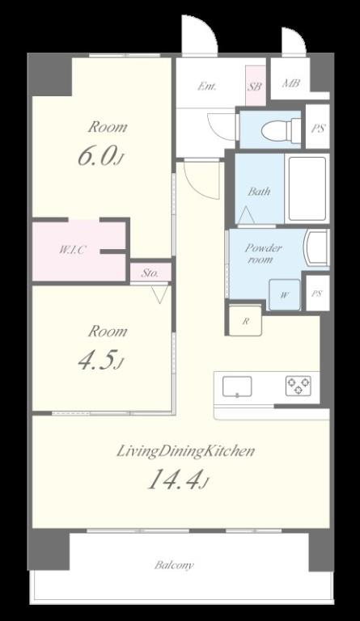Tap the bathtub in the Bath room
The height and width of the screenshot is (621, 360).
307,189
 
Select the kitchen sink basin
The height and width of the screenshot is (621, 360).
237,387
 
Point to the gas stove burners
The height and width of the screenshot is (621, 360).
299,386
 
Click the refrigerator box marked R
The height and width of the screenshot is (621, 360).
246,320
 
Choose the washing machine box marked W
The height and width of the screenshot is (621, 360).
284,294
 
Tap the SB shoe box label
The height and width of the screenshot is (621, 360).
255,86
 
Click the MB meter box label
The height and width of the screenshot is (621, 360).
291,83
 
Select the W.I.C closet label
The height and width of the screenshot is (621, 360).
73,250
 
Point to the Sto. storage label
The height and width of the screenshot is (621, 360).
150,272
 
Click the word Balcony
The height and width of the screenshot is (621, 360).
174,565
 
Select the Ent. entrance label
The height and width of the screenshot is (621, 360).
207,86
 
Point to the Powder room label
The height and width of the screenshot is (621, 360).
264,254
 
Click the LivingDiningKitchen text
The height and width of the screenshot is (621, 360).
185,451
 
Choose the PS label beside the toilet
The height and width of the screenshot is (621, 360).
318,129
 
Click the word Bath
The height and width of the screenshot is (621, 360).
260,192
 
